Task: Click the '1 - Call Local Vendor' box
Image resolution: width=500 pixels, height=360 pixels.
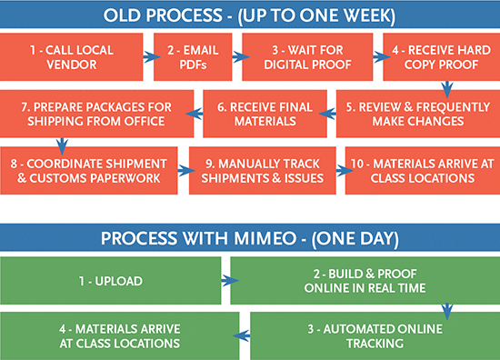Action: (70, 57)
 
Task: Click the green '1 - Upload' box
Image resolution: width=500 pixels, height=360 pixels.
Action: (110, 280)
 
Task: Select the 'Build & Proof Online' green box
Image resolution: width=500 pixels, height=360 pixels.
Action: (364, 280)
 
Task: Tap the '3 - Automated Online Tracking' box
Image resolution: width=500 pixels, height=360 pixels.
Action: (374, 335)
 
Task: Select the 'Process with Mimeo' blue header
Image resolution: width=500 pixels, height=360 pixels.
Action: (249, 238)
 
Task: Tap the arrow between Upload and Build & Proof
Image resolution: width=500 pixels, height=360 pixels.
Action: (231, 281)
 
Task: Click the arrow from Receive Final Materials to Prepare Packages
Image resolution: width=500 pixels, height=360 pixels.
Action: (195, 112)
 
